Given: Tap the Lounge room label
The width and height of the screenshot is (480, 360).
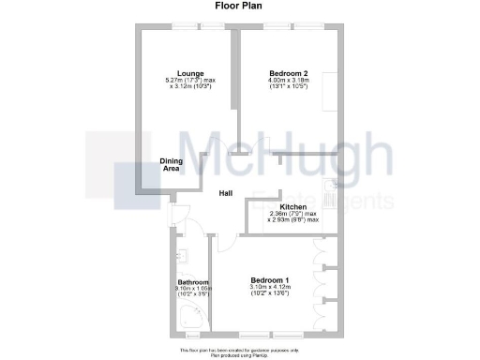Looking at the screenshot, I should click(x=184, y=73).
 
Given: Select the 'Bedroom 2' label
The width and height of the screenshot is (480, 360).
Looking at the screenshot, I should click(x=287, y=73).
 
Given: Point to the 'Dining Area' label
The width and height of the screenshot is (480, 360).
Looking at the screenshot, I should click(x=170, y=164).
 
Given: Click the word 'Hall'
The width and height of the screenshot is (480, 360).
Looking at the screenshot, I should click(x=225, y=193).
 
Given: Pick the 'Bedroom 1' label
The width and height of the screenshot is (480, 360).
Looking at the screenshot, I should click(x=269, y=279).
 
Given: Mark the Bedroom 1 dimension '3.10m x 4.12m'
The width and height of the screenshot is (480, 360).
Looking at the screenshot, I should click(x=269, y=287).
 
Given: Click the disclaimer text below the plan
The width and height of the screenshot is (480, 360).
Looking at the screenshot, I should click(x=240, y=351).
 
